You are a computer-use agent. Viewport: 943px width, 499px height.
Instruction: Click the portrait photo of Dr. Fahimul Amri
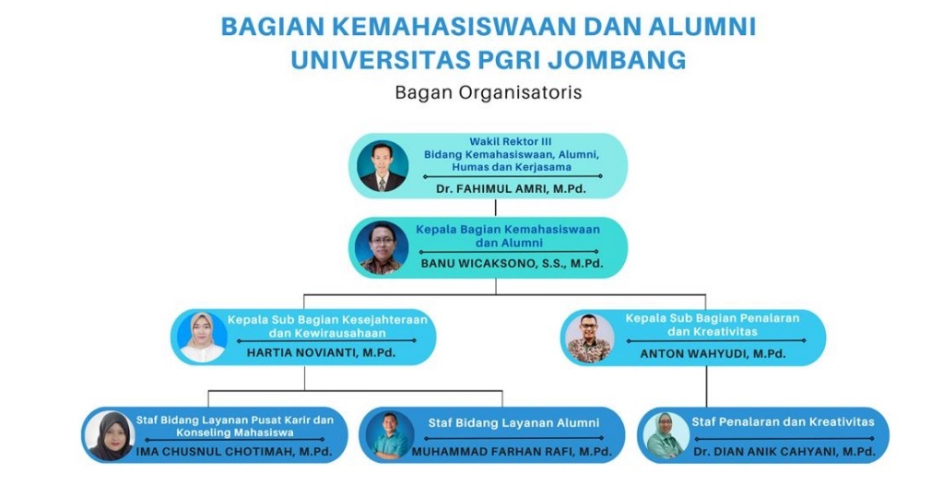pos(383,166)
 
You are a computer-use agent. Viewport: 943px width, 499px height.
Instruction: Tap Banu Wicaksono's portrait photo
pos(382,248)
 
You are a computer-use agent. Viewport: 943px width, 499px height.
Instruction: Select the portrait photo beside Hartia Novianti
pos(203,337)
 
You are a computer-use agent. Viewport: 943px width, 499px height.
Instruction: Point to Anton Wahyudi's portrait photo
pos(590,339)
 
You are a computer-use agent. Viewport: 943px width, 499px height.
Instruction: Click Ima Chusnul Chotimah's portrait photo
pos(110,435)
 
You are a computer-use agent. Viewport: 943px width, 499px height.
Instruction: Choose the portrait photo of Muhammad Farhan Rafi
pos(390,435)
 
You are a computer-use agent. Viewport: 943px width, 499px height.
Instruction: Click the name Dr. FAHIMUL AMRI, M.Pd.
pos(512,189)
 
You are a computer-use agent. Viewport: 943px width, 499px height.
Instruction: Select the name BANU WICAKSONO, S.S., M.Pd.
pos(512,264)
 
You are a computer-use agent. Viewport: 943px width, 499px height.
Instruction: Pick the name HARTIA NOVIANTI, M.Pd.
pos(321,352)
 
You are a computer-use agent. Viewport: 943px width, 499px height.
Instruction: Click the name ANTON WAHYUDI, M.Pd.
pos(713,354)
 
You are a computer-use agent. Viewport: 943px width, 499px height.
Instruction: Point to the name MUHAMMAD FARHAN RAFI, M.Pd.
pos(512,451)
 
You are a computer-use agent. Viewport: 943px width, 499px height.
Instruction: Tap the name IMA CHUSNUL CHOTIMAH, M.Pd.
pos(234,451)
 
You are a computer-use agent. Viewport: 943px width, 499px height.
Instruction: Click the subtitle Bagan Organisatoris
pos(489,92)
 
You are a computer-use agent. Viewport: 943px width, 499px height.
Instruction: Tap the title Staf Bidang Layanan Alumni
pos(513,423)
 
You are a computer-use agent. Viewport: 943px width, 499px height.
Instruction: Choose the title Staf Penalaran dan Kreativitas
pos(783,422)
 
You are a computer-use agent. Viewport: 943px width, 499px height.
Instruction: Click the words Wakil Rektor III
pos(511,142)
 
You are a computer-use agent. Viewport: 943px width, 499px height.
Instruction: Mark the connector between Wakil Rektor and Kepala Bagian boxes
pos(496,208)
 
